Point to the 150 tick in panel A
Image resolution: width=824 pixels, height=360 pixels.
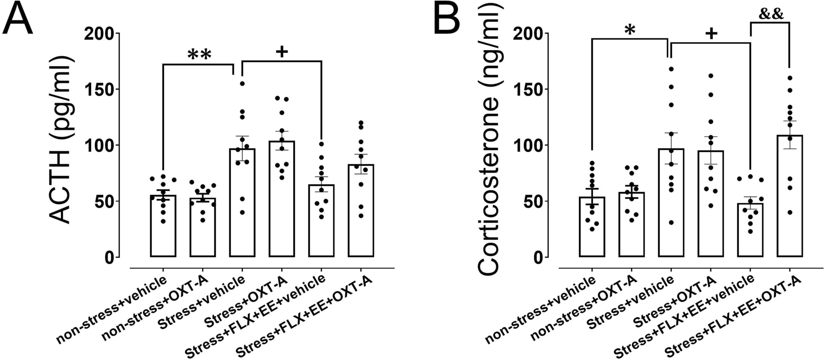99,89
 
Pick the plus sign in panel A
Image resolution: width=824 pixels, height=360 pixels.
282,52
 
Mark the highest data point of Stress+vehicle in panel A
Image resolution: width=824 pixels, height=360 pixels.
242,84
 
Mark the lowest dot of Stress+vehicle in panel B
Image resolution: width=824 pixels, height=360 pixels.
671,222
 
